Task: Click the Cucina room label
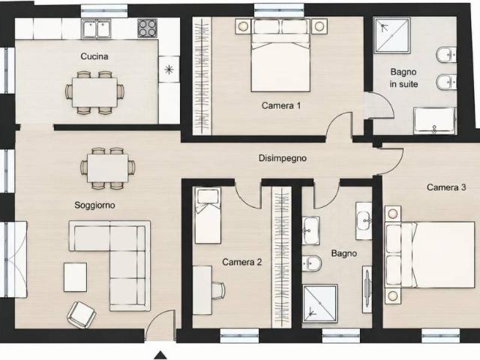(x=94, y=56)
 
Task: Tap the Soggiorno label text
(x=95, y=205)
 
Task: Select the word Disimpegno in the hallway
(x=283, y=158)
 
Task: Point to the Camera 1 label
(x=281, y=106)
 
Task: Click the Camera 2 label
(x=241, y=262)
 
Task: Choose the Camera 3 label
(x=446, y=187)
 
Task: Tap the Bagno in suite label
(x=403, y=78)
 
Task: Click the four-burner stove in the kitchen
(x=147, y=28)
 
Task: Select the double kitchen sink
(x=97, y=28)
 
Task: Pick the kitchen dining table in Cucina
(x=95, y=92)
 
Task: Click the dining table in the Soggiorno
(x=107, y=168)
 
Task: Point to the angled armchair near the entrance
(x=82, y=314)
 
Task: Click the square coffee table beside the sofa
(x=75, y=277)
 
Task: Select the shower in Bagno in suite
(x=391, y=35)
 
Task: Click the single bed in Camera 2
(x=208, y=215)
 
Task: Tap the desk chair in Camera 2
(x=218, y=290)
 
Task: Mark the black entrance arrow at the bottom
(x=160, y=355)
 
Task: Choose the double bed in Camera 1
(x=280, y=55)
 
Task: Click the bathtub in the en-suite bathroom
(x=435, y=121)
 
